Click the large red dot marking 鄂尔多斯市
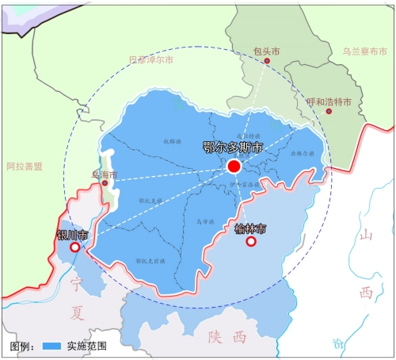[234, 167]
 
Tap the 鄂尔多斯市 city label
[232, 147]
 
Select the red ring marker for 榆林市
[251, 241]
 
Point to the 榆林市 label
[251, 228]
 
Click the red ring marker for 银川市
[75, 247]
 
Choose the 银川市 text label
[73, 235]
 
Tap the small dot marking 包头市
[267, 61]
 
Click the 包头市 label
[266, 50]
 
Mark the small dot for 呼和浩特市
[329, 111]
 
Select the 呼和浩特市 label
[329, 101]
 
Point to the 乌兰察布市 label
[365, 52]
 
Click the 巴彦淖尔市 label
[150, 59]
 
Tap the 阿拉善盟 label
[24, 167]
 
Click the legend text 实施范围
[86, 347]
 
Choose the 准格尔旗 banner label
[302, 152]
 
